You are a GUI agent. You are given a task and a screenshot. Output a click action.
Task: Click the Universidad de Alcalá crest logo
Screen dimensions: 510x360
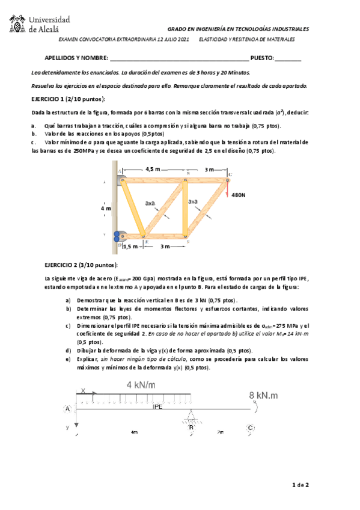coord(17,25)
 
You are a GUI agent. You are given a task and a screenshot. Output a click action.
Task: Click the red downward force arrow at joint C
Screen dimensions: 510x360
coord(228,188)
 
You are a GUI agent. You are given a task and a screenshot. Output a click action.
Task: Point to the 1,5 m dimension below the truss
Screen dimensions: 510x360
coord(130,246)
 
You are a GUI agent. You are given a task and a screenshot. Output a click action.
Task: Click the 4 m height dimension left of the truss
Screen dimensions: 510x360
coord(106,208)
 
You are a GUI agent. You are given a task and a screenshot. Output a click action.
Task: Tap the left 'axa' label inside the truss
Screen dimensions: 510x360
coord(150,203)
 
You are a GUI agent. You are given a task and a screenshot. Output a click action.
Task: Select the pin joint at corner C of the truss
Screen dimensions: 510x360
coord(228,179)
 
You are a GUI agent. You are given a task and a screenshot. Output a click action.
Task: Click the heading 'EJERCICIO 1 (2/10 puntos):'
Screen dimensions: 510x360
coord(68,98)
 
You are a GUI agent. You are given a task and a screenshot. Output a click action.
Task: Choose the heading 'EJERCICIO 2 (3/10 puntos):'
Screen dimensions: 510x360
coord(81,265)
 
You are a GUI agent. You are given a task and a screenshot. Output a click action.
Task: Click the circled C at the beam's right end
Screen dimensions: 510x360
coord(249,428)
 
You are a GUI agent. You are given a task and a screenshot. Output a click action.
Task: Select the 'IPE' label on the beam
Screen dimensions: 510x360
coord(157,407)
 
